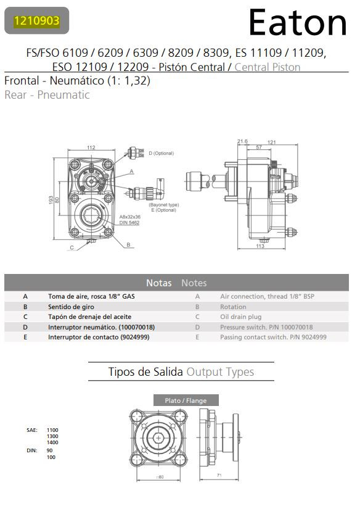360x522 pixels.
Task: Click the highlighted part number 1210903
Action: click(x=36, y=20)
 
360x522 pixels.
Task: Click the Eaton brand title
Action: click(x=298, y=23)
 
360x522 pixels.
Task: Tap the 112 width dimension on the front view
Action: click(x=91, y=147)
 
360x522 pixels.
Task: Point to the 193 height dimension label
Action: click(x=51, y=200)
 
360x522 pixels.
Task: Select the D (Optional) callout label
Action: click(x=162, y=154)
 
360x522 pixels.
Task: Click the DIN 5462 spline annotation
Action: click(x=129, y=222)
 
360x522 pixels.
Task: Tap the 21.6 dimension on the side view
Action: click(x=242, y=141)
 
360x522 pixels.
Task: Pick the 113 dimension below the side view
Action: click(x=260, y=246)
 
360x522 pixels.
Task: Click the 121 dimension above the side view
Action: click(x=271, y=143)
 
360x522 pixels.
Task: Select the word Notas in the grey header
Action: click(x=159, y=283)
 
